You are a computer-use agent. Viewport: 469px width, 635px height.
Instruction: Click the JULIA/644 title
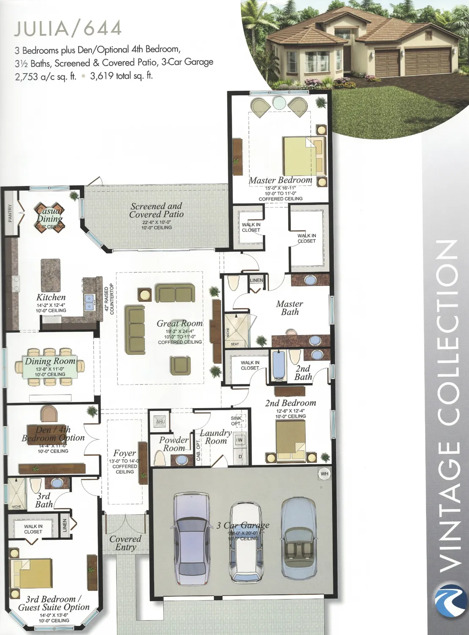point(68,29)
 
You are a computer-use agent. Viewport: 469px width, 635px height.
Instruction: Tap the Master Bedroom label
point(280,180)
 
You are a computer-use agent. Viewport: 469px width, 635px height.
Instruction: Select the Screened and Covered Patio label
point(157,210)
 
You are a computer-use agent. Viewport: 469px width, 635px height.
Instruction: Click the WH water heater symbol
point(324,474)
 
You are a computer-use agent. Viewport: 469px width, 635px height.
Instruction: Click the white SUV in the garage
point(244,542)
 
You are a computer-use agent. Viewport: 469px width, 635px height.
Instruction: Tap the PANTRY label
point(10,213)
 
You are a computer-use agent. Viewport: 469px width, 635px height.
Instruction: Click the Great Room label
point(179,324)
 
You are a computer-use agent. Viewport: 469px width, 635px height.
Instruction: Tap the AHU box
point(160,422)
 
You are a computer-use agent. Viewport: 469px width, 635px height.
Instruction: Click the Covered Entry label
point(125,543)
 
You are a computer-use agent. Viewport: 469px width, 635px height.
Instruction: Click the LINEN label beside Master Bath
point(257,280)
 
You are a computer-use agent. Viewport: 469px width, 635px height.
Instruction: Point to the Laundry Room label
point(216,437)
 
